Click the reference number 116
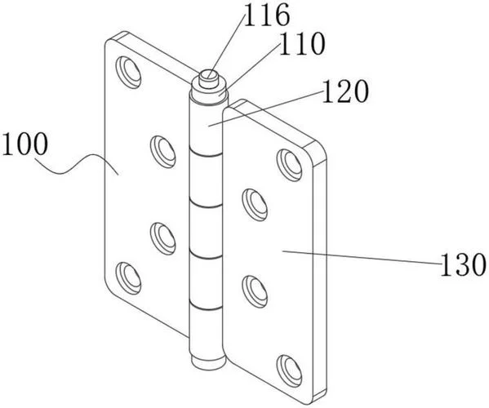(267, 15)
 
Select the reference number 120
(345, 91)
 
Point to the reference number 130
(463, 264)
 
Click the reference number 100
(25, 144)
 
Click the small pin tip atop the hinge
(209, 78)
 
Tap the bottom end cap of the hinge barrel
(208, 361)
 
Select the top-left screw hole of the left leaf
(128, 73)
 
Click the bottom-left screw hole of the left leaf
(128, 278)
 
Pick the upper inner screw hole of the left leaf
(162, 152)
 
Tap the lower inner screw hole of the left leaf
(162, 238)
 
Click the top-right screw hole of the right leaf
(290, 165)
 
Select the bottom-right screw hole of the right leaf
(290, 371)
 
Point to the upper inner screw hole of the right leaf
(255, 205)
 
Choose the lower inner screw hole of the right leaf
(255, 292)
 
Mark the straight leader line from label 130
(362, 257)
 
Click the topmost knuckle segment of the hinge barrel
(207, 128)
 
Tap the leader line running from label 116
(227, 45)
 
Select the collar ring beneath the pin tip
(210, 91)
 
